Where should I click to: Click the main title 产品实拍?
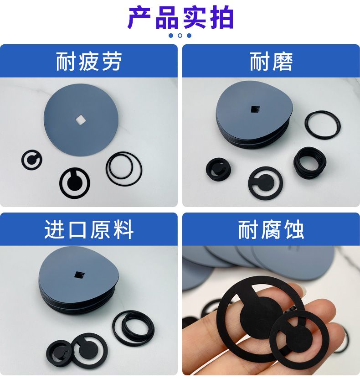180,18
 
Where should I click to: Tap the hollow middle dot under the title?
180,36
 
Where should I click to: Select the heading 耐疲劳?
88,62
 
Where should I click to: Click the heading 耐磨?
271,62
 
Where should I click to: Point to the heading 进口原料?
89,229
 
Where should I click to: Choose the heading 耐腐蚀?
271,229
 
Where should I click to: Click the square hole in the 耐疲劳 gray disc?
80,119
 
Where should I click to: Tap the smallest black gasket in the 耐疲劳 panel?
31,160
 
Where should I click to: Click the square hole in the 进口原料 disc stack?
79,275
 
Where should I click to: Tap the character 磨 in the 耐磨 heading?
282,62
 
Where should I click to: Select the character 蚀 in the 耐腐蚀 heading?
293,229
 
